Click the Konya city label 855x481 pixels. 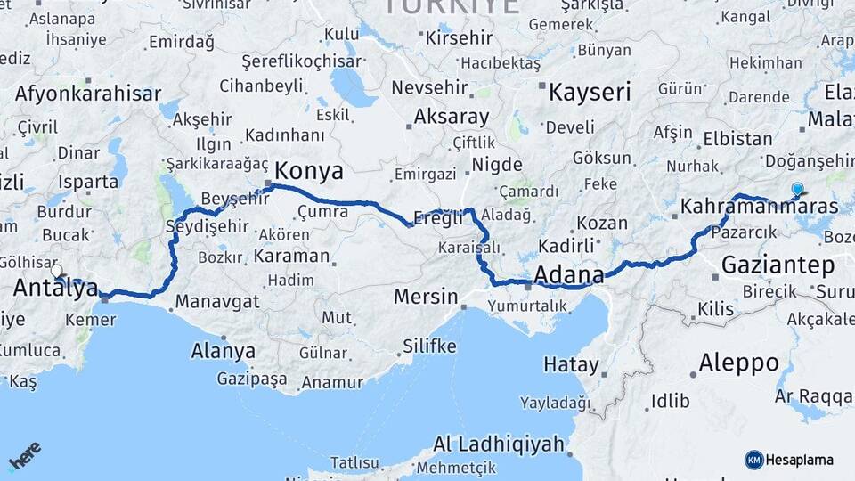coord(308,170)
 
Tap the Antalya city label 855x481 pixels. coord(55,287)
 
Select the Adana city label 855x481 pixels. coord(568,273)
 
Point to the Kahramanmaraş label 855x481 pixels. coord(759,207)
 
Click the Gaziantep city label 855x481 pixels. coord(778,265)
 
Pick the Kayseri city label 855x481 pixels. coord(590,92)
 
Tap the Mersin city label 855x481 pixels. coord(427,297)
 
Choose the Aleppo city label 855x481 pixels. coord(738,363)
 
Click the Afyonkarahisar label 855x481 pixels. coord(88,94)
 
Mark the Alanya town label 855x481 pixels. coord(223,350)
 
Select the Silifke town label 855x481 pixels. coord(429,346)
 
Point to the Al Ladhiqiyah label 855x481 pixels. coord(499,444)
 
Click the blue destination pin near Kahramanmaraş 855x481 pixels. coord(797,189)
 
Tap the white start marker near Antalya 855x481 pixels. coord(57,271)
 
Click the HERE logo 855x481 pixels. coord(24,455)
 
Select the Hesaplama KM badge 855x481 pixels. coord(789,460)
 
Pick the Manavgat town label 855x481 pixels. coord(216,301)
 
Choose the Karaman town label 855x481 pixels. coord(291,256)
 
